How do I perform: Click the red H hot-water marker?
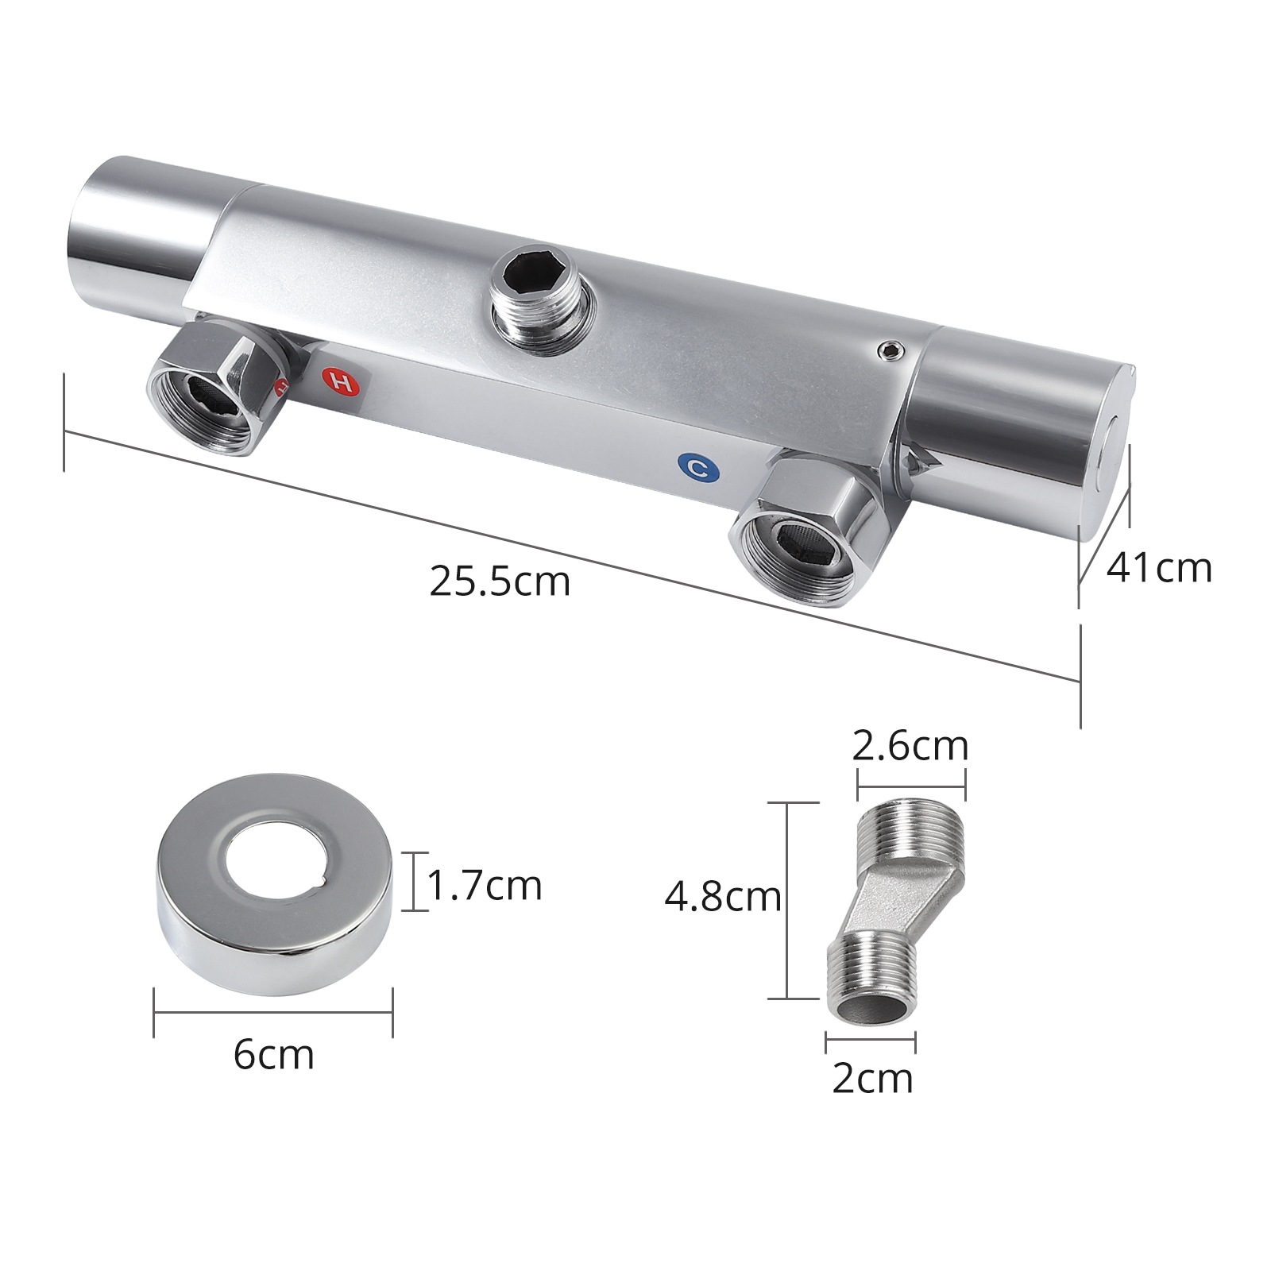coord(342,381)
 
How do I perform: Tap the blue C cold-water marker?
coord(698,468)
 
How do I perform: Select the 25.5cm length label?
coord(500,581)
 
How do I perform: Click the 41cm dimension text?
coord(1159,568)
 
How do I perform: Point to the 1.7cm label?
coord(485,885)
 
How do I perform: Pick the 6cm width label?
coord(273,1055)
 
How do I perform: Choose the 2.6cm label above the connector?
coord(910,746)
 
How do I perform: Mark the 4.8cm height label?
coord(722,897)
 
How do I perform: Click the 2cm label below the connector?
coord(871,1079)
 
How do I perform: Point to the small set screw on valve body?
coord(890,350)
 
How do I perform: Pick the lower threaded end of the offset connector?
coord(871,981)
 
